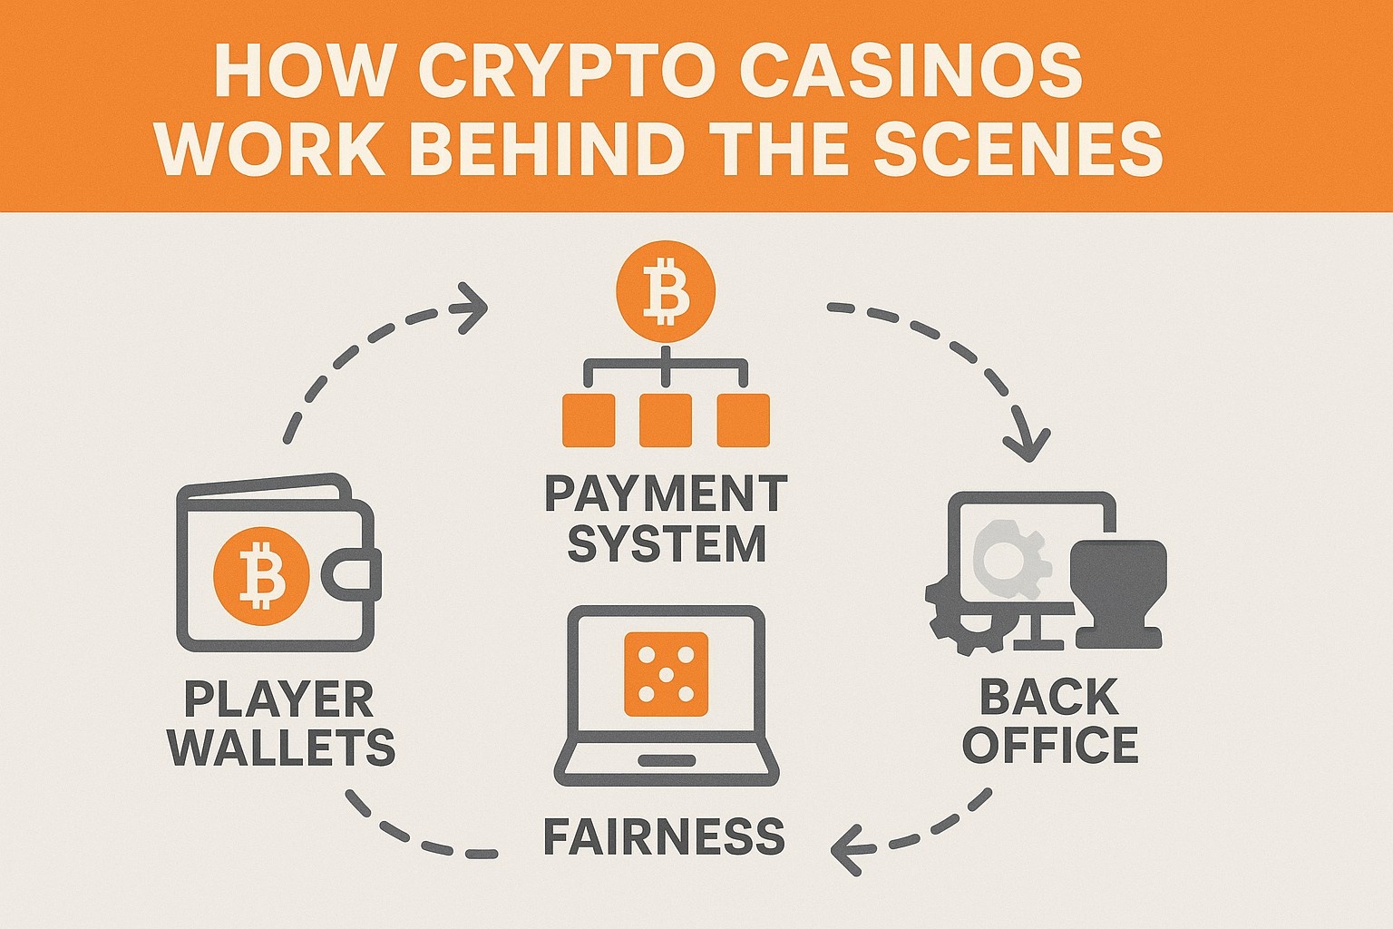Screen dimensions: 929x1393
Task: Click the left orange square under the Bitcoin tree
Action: pyautogui.click(x=589, y=420)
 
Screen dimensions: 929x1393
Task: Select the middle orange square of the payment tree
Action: pyautogui.click(x=666, y=420)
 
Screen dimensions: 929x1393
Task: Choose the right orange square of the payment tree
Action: pyautogui.click(x=743, y=420)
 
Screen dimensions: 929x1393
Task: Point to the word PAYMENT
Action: pyautogui.click(x=666, y=494)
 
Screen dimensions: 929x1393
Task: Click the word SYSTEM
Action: pyautogui.click(x=666, y=544)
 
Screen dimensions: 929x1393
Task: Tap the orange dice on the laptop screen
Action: pyautogui.click(x=666, y=673)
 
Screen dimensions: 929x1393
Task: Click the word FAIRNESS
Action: pyautogui.click(x=664, y=836)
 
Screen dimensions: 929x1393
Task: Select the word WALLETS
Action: pyautogui.click(x=282, y=748)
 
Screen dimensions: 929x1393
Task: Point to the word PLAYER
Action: pyautogui.click(x=279, y=699)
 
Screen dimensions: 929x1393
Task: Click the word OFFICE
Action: pyautogui.click(x=1050, y=745)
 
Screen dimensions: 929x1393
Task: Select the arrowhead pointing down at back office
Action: pyautogui.click(x=1028, y=442)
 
